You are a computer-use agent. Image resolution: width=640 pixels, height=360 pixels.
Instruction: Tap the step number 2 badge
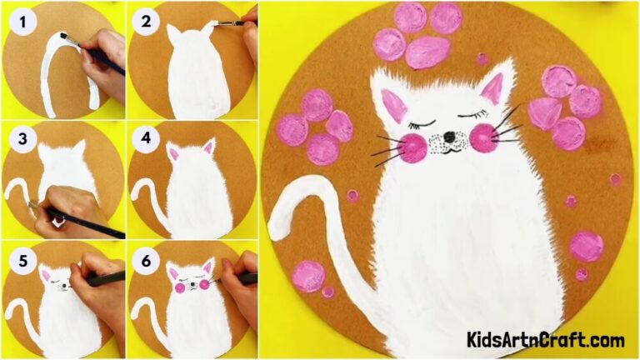click(147, 21)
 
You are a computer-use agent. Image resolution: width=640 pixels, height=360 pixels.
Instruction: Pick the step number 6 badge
click(147, 261)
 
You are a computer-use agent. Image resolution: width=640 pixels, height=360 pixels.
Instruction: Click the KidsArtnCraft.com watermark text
click(546, 340)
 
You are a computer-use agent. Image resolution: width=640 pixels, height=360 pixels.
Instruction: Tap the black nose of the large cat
click(449, 136)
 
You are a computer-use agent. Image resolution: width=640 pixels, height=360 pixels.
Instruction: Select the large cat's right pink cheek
click(484, 137)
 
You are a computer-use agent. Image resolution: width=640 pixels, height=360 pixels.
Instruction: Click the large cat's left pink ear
click(393, 106)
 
